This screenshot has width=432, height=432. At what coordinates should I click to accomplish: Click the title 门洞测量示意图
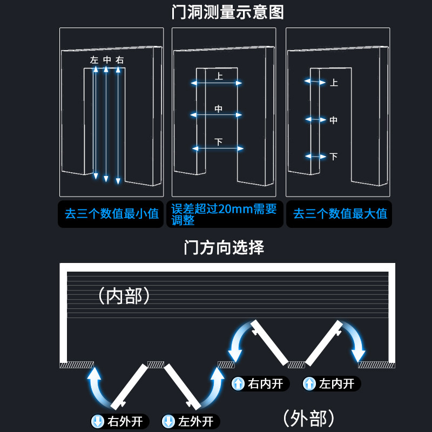click(227, 12)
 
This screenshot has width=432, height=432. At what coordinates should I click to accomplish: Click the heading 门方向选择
click(224, 248)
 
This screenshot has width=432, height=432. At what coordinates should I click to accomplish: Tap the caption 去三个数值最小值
click(112, 214)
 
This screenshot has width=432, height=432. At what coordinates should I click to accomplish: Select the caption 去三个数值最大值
click(340, 214)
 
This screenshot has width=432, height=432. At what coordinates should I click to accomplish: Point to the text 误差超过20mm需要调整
click(224, 214)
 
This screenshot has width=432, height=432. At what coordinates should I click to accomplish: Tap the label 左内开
click(336, 384)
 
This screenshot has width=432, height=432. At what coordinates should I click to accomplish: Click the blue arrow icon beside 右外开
click(98, 421)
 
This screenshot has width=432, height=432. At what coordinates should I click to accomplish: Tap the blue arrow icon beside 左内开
click(309, 384)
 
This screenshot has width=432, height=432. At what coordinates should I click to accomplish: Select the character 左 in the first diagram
click(94, 60)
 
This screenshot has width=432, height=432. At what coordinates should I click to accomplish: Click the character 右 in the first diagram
click(119, 60)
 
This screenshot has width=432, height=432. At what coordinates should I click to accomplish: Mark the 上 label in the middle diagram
click(219, 77)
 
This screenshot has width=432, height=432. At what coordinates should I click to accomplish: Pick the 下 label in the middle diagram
click(219, 142)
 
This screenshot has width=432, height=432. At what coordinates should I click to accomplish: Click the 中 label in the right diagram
click(333, 120)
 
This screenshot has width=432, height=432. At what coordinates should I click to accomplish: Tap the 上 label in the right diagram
click(334, 83)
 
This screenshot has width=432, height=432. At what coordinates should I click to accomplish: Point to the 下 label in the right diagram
click(333, 157)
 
